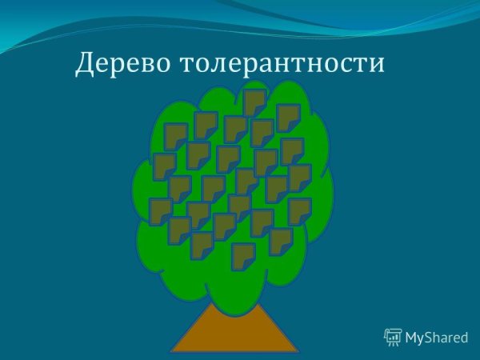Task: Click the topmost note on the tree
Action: (x=254, y=102)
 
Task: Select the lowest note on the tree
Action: (x=242, y=256)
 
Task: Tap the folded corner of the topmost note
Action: (x=261, y=110)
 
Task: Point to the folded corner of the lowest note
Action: (x=249, y=264)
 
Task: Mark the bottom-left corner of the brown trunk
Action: (x=171, y=351)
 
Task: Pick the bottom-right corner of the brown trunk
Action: (x=298, y=351)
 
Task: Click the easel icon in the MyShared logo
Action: (x=393, y=337)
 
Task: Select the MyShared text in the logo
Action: (x=436, y=338)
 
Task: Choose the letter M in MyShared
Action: (x=411, y=337)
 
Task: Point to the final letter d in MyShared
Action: (x=463, y=337)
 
